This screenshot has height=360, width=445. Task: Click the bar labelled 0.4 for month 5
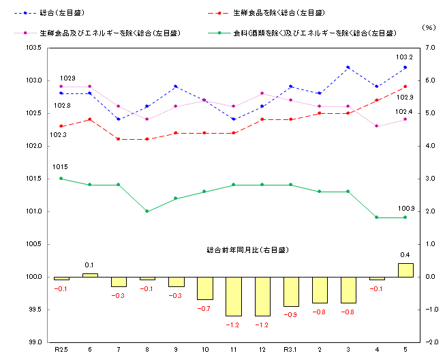405,270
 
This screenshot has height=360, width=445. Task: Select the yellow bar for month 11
234,296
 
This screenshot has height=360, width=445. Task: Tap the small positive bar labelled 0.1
90,275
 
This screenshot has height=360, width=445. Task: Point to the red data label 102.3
59,135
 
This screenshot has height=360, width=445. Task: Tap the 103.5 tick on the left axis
33,48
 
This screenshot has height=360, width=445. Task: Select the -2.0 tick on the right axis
431,342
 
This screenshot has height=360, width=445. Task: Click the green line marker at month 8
148,211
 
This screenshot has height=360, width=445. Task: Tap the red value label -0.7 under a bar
204,309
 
